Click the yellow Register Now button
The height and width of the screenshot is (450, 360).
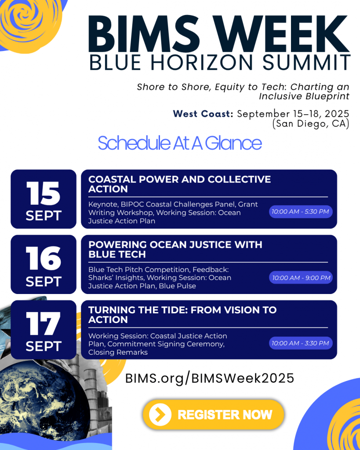(x=213, y=414)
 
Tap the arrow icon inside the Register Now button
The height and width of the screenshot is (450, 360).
(x=160, y=414)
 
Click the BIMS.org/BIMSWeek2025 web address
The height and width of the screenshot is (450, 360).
(x=210, y=378)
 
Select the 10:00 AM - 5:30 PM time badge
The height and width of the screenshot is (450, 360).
(x=301, y=212)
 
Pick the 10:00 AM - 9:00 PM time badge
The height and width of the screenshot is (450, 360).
(x=301, y=278)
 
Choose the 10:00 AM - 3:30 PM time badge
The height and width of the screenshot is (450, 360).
(x=301, y=343)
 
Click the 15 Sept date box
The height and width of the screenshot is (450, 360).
(x=44, y=199)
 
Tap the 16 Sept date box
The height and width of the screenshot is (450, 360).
(x=44, y=264)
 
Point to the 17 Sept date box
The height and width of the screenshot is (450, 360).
(x=44, y=330)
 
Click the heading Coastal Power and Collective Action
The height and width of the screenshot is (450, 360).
(x=179, y=184)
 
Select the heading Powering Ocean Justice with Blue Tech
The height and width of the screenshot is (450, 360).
(x=175, y=250)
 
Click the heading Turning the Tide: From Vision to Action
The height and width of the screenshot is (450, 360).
(x=182, y=315)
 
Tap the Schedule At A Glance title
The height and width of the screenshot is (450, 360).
(x=180, y=143)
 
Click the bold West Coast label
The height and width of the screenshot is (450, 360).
(x=203, y=114)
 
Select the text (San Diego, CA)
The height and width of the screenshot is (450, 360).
(x=311, y=123)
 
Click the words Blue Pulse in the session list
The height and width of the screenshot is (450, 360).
(x=178, y=286)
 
